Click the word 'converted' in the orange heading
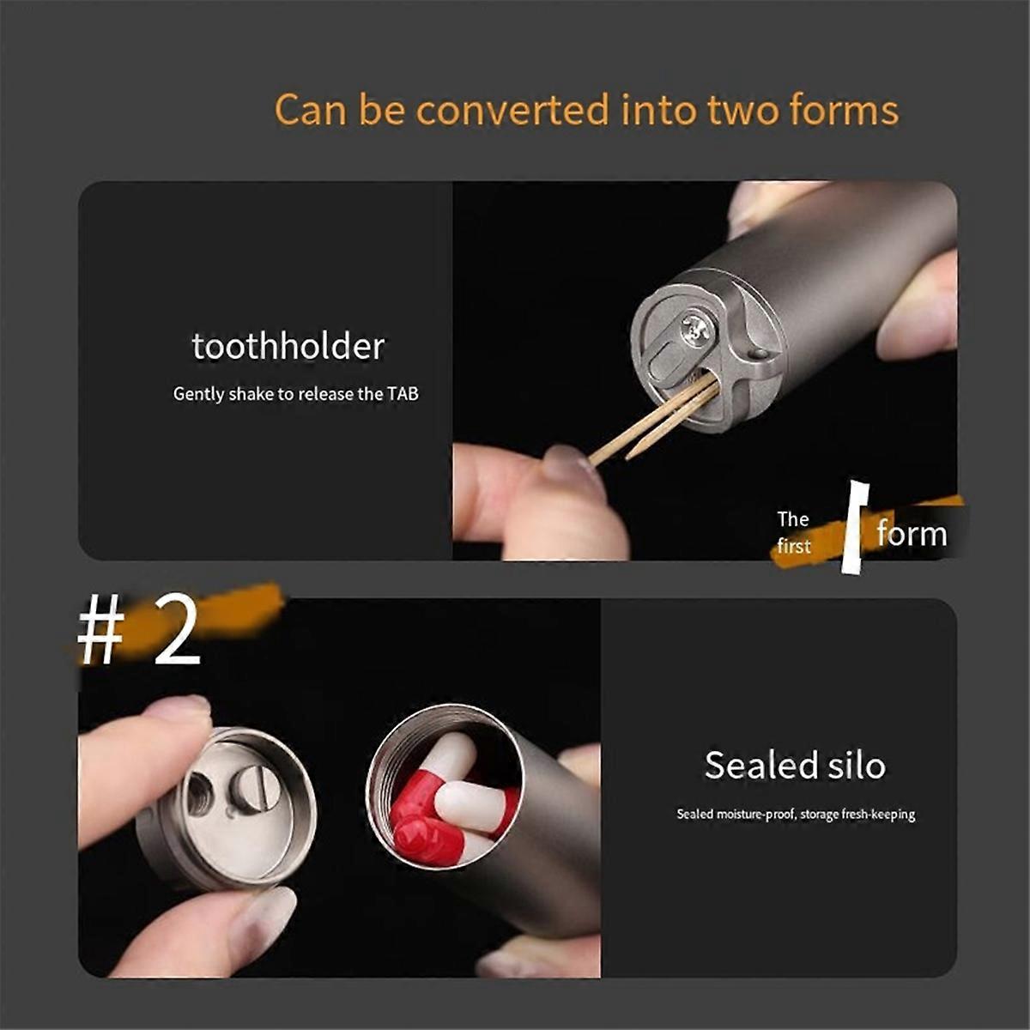pos(512,110)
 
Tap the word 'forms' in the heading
pos(843,109)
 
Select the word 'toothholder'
pos(288,347)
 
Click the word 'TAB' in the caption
pos(403,394)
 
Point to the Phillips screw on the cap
pos(697,328)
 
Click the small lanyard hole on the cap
pos(759,354)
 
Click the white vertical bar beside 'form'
pos(854,527)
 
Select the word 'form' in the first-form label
pos(912,533)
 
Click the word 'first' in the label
pos(794,546)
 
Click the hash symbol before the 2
pos(101,633)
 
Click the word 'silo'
pos(854,765)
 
